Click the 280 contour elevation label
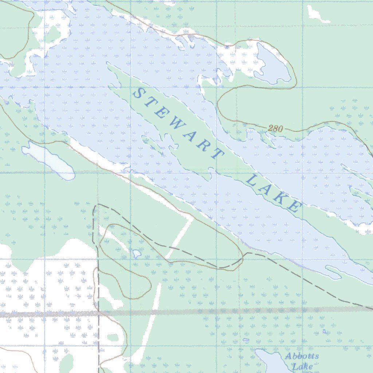(x=275, y=128)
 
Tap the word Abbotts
(x=302, y=356)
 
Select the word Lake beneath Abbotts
(x=302, y=366)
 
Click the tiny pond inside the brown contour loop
(x=137, y=253)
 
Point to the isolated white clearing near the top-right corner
(x=316, y=13)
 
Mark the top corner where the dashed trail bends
(x=95, y=206)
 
